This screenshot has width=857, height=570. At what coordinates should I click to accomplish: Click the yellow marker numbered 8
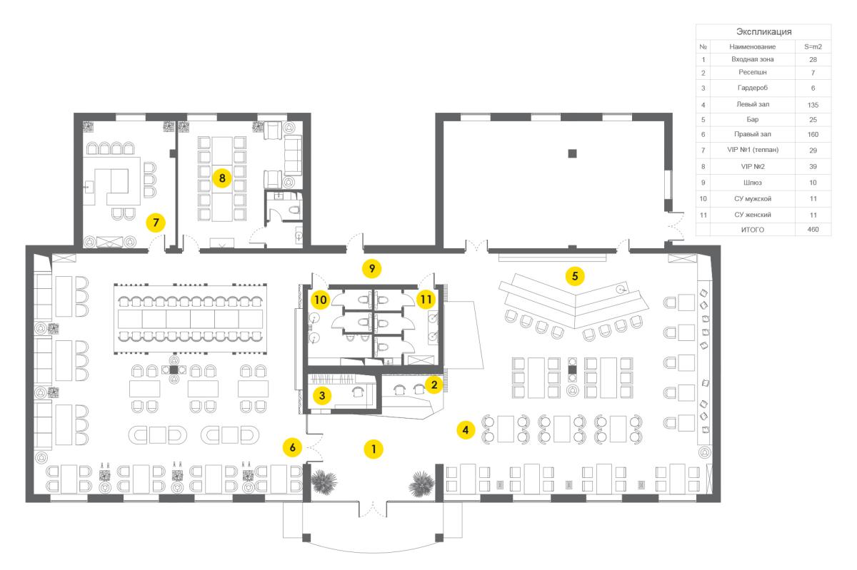coord(222,178)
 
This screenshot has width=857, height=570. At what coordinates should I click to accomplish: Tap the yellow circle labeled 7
coord(156,223)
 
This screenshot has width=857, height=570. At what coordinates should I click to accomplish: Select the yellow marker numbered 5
coord(575,275)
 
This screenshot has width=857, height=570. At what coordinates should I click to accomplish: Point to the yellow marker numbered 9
coord(372,268)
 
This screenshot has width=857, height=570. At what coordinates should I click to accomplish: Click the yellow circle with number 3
coord(322,395)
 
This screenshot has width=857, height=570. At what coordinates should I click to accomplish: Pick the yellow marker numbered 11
coord(426,299)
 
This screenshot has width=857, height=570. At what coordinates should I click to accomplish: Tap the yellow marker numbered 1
coord(374,449)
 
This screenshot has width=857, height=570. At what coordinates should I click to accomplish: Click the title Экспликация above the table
coord(763,31)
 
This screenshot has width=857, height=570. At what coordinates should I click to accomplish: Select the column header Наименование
coord(752,46)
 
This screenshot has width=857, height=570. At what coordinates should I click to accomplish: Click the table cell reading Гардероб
coord(752,88)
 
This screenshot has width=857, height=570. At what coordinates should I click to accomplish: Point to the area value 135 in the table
coord(813,105)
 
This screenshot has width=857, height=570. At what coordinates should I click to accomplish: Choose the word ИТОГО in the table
coord(752,230)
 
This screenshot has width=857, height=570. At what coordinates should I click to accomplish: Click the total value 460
coord(813,230)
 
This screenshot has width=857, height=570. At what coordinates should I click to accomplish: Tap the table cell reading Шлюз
coord(752,183)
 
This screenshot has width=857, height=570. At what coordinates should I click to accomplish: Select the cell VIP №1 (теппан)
coord(753,150)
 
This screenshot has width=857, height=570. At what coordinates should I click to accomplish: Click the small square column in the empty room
coord(572,153)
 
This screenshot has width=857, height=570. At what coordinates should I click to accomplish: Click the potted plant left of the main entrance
coord(324,481)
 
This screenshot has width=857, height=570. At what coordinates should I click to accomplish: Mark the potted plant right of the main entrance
coord(421,484)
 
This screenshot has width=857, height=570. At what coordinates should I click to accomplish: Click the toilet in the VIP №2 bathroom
coord(294,210)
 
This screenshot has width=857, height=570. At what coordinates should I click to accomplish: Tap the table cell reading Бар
coord(752,119)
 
